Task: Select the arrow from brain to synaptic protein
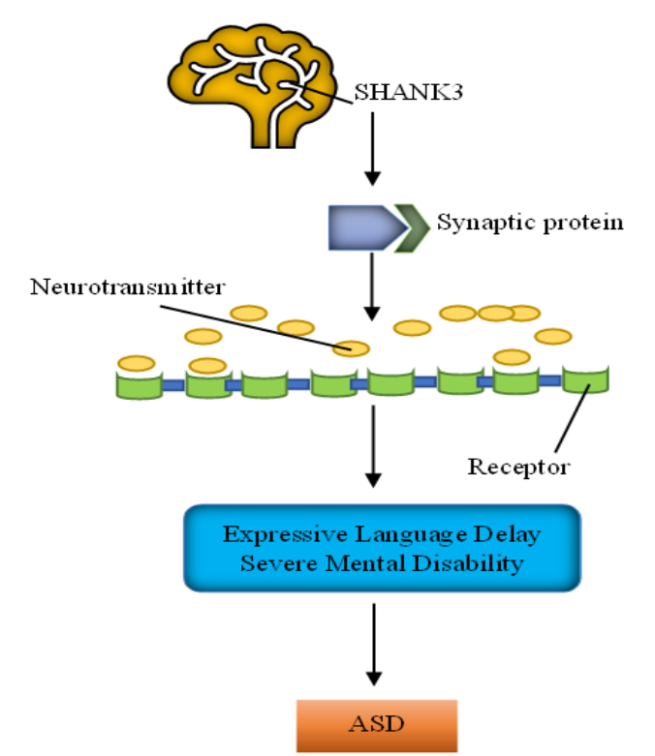click(x=372, y=155)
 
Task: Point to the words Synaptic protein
click(x=529, y=223)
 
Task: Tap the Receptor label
click(x=518, y=468)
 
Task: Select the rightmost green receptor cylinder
click(x=585, y=380)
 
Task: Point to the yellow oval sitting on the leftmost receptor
click(x=136, y=364)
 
